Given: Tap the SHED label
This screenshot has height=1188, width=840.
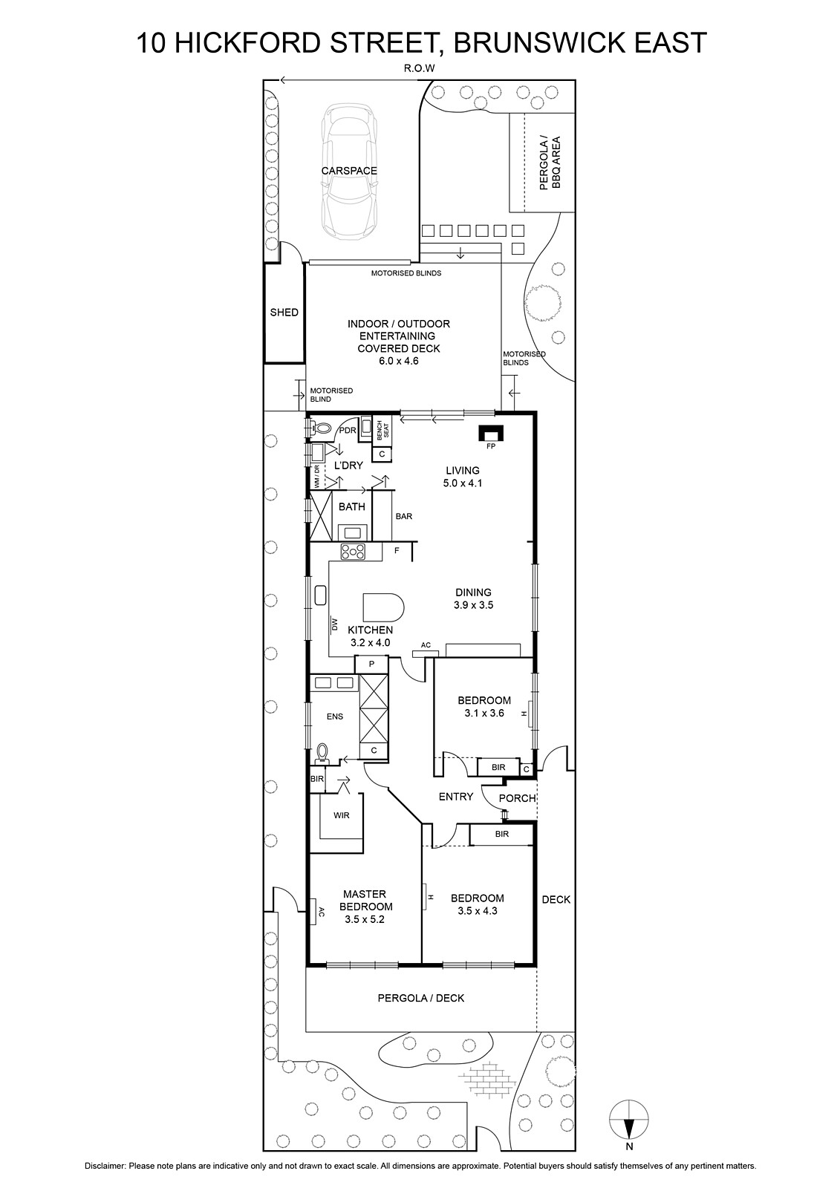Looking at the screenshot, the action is (284, 313).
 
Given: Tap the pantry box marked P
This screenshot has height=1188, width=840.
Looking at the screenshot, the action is (371, 664).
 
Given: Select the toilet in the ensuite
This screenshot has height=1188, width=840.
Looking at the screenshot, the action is (322, 754).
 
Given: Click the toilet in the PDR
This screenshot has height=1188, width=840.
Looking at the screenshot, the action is (320, 427).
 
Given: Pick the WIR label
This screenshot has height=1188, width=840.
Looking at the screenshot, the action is (342, 815).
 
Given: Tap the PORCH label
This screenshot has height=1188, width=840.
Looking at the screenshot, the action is (518, 798).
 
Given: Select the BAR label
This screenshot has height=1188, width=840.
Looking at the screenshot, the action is (404, 516).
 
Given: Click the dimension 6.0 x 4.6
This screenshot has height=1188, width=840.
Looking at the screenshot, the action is (399, 361).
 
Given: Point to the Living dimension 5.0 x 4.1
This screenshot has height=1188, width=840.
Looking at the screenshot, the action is (463, 483).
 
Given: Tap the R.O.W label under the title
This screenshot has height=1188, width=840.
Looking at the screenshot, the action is (419, 68).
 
